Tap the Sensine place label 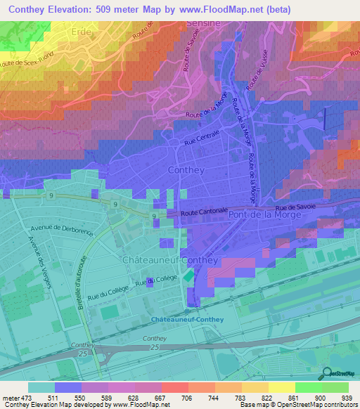203,23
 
